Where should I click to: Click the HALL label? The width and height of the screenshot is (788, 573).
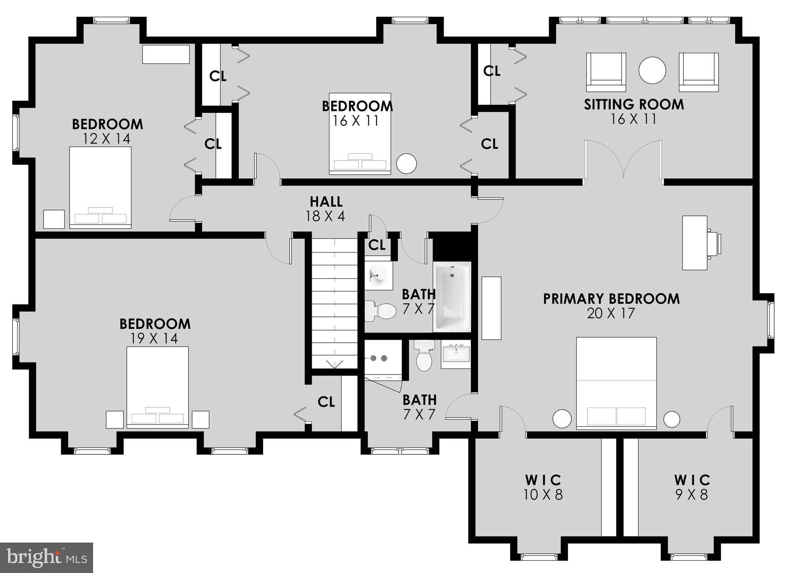326,201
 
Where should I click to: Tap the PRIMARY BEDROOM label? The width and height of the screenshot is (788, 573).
611,299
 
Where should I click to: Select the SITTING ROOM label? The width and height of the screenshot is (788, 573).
634,104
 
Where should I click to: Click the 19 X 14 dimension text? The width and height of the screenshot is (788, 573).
154,338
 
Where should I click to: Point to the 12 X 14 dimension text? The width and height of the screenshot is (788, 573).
107,139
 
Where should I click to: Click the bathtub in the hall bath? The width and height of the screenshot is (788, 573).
452,297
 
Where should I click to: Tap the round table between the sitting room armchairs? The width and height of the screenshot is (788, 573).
652,70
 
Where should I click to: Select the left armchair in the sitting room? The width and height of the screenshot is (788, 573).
606,72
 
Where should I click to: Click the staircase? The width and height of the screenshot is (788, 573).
334,302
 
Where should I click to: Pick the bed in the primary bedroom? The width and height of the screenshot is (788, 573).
616,383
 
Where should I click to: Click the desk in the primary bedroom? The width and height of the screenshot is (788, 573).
695,243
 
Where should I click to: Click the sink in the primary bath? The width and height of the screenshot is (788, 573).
456,354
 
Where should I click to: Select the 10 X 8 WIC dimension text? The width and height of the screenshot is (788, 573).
543,494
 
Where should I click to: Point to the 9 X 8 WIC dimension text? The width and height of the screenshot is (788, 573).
691,494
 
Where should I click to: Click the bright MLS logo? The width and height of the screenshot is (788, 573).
47,558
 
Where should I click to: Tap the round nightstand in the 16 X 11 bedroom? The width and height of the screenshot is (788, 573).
406,163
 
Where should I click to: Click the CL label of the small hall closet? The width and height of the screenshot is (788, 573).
377,245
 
